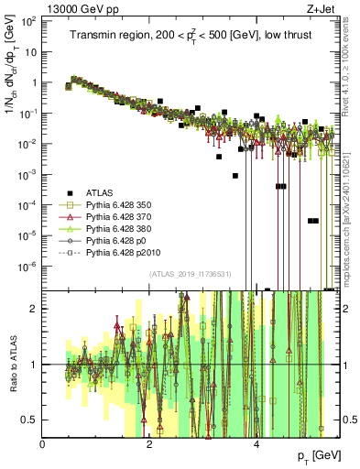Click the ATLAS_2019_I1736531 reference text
coord(191,273)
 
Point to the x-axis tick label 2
coord(150,443)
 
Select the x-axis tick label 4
coord(256,443)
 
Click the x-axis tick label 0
coord(43,443)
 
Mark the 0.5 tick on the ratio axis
coord(30,420)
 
